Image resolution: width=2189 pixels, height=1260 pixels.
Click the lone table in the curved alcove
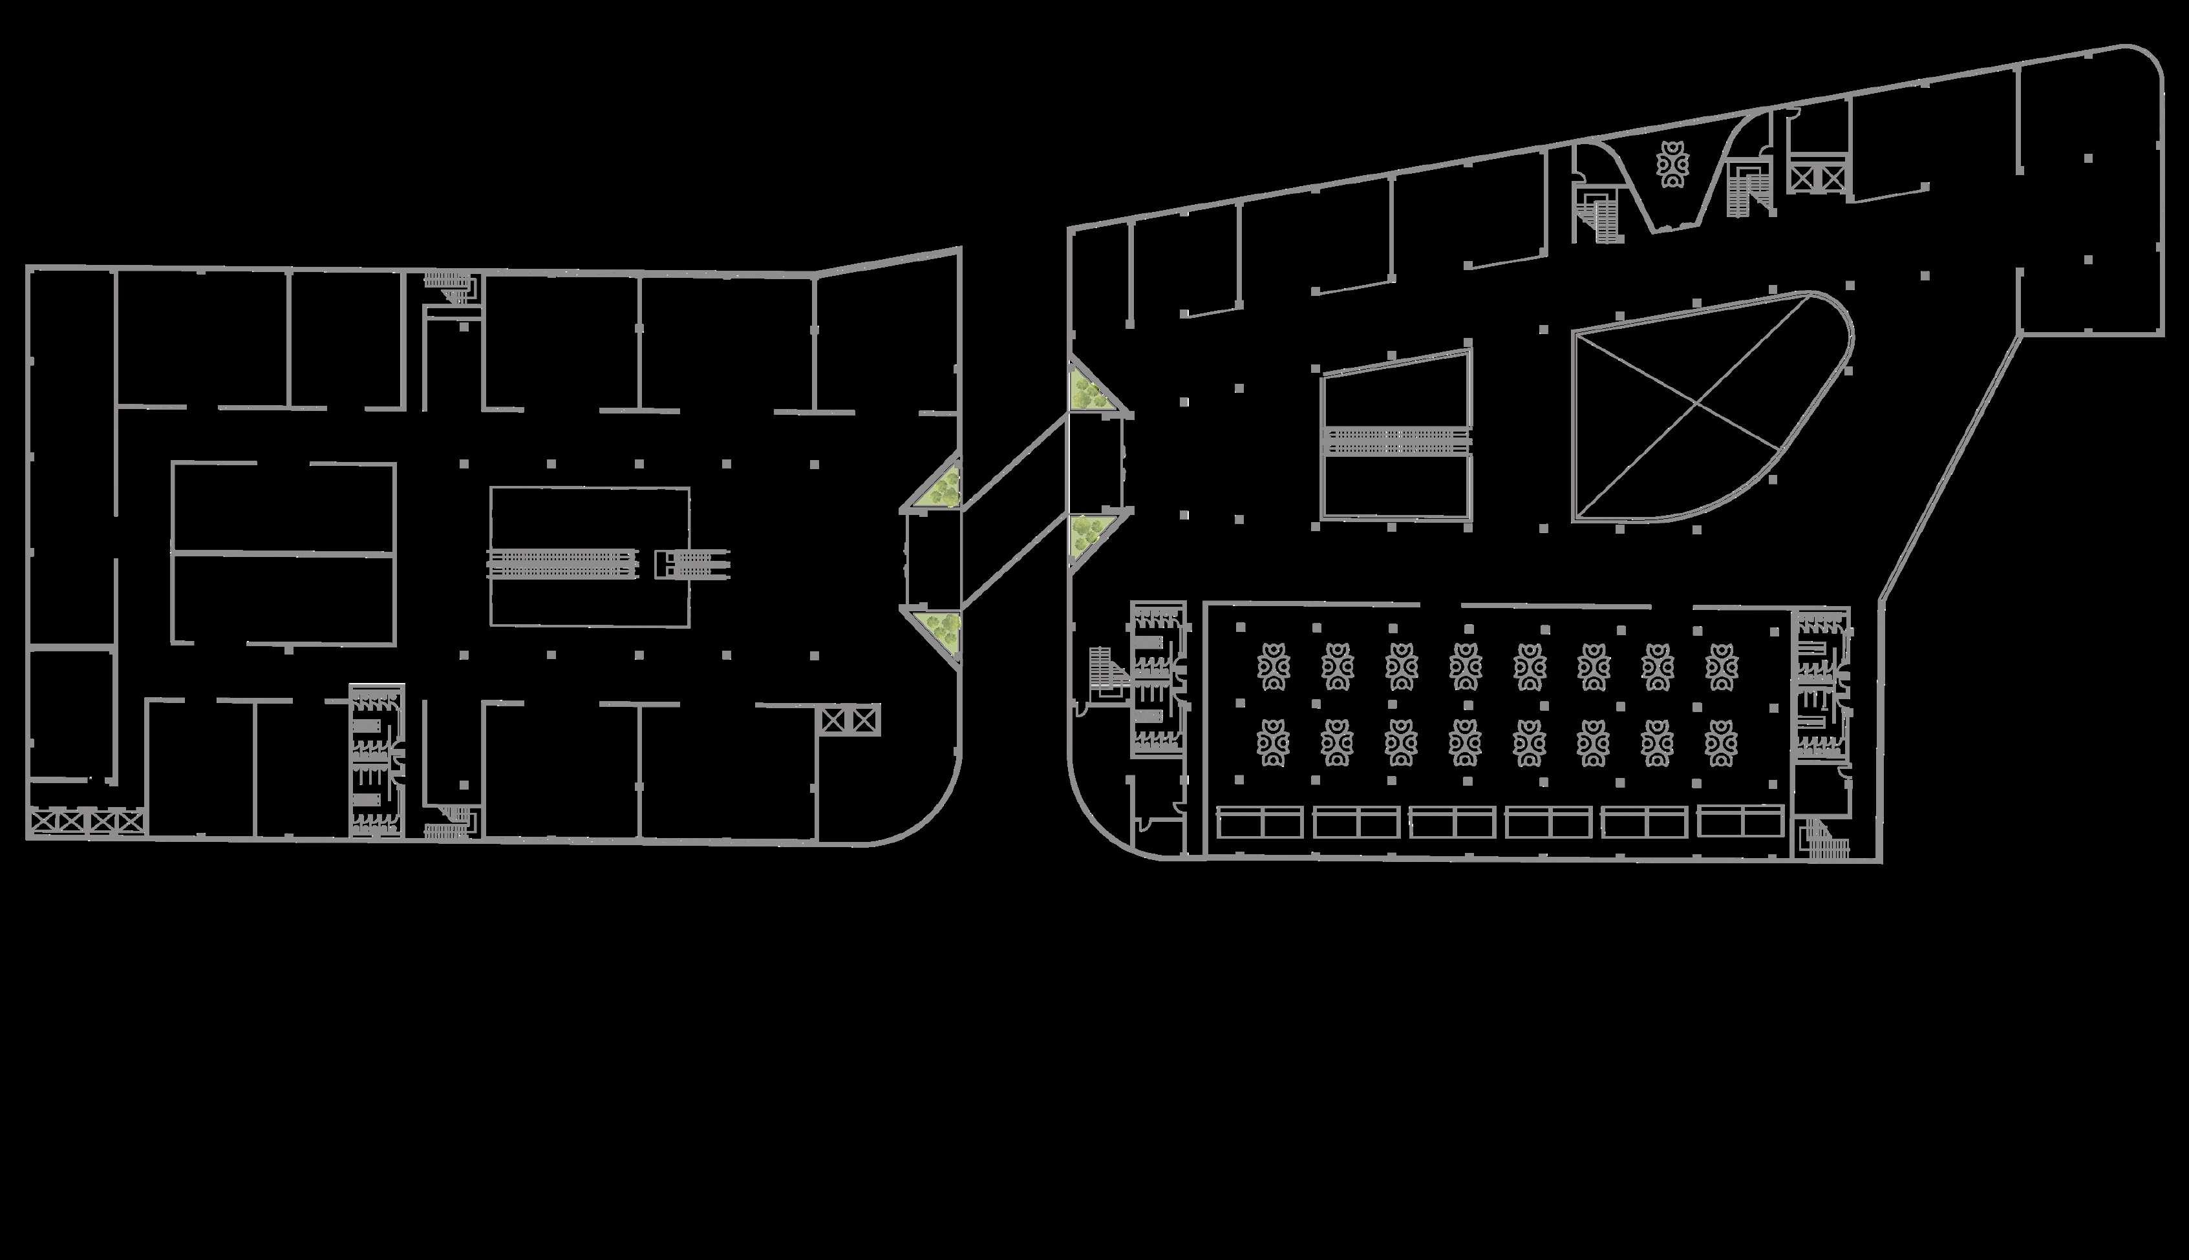(x=1671, y=164)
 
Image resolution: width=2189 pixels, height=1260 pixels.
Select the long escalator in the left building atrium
(x=562, y=563)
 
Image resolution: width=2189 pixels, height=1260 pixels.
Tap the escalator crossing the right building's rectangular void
(x=1396, y=441)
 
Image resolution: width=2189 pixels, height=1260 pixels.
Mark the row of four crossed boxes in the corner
(x=87, y=821)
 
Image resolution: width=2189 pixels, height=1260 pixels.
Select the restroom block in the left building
(x=376, y=761)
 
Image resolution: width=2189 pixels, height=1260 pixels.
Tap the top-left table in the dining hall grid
(x=1273, y=666)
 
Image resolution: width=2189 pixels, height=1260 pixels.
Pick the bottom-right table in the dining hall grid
(x=1722, y=743)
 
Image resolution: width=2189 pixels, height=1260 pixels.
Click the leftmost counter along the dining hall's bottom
(x=1260, y=822)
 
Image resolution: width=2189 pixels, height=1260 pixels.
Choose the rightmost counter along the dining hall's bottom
(x=1740, y=821)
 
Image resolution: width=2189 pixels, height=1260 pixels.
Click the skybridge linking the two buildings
(x=1014, y=510)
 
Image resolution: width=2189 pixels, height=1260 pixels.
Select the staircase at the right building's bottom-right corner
(x=1826, y=839)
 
